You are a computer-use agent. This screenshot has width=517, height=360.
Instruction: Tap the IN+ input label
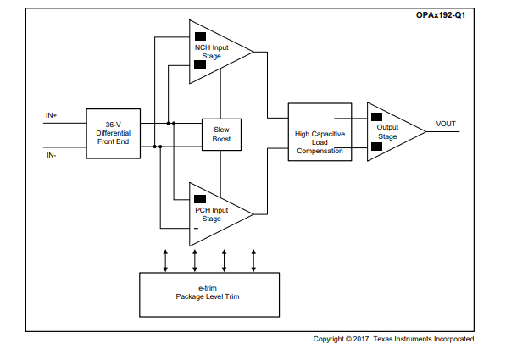[52, 114]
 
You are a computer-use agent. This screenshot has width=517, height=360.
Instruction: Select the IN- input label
[51, 154]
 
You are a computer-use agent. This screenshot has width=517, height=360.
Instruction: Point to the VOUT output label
[446, 125]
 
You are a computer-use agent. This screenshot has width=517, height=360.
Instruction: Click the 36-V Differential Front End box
[113, 134]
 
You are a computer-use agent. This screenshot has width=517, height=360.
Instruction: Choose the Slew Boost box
[222, 133]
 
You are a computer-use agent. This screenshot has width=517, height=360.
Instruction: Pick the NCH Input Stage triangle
[216, 52]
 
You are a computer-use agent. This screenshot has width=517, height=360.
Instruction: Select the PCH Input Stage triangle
[215, 213]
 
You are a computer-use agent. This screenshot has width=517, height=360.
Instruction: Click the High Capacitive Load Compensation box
[320, 133]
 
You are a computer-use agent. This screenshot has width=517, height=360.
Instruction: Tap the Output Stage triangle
[391, 131]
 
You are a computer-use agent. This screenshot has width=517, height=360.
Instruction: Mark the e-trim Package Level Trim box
[209, 293]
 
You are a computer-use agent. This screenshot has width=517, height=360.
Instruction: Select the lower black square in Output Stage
[376, 146]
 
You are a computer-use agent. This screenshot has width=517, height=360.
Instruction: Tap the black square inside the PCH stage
[200, 198]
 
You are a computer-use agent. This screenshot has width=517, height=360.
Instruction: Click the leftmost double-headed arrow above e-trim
[165, 259]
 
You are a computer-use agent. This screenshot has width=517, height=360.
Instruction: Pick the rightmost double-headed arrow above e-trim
[253, 259]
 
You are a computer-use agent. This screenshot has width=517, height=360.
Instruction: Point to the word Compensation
[320, 152]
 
